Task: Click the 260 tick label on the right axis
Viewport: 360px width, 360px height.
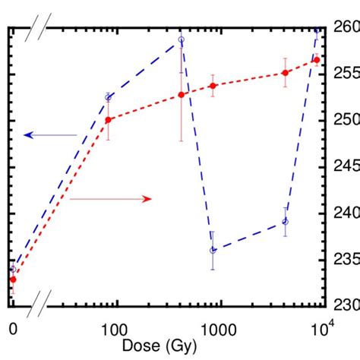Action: point(345,27)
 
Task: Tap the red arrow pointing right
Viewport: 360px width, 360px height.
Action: point(111,199)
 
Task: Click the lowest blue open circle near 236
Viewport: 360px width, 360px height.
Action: point(213,250)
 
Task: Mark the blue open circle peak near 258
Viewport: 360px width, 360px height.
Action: point(181,39)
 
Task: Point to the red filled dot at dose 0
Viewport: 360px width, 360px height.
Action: point(13,279)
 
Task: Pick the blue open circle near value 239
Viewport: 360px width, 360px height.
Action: point(285,221)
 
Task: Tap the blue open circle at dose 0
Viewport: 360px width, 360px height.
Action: point(13,269)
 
